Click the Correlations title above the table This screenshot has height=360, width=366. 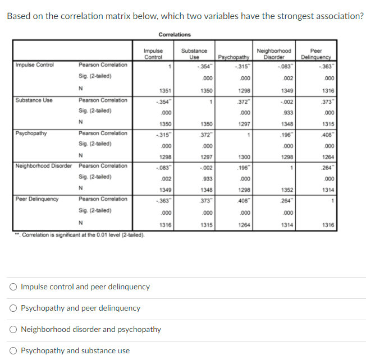[x=175, y=35]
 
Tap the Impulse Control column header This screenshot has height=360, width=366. [x=153, y=53]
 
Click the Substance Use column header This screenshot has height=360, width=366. [x=194, y=53]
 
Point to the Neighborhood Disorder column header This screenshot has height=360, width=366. [x=274, y=53]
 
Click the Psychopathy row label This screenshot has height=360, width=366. [x=31, y=133]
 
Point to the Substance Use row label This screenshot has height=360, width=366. [x=34, y=100]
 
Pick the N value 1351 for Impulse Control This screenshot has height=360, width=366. [x=165, y=91]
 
